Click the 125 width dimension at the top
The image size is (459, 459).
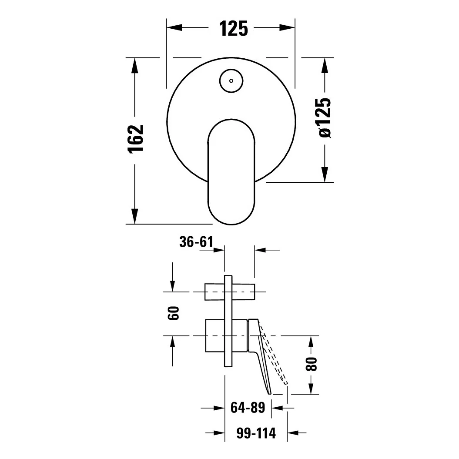(x=233, y=28)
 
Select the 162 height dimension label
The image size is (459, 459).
(x=136, y=138)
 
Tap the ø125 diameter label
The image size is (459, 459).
(x=325, y=117)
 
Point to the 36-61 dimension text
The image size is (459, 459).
(x=196, y=242)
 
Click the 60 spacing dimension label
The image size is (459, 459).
(x=173, y=313)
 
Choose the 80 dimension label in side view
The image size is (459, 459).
(x=311, y=364)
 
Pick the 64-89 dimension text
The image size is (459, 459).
(x=248, y=408)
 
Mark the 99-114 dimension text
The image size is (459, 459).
(x=256, y=433)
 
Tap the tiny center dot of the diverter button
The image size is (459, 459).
(x=231, y=81)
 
